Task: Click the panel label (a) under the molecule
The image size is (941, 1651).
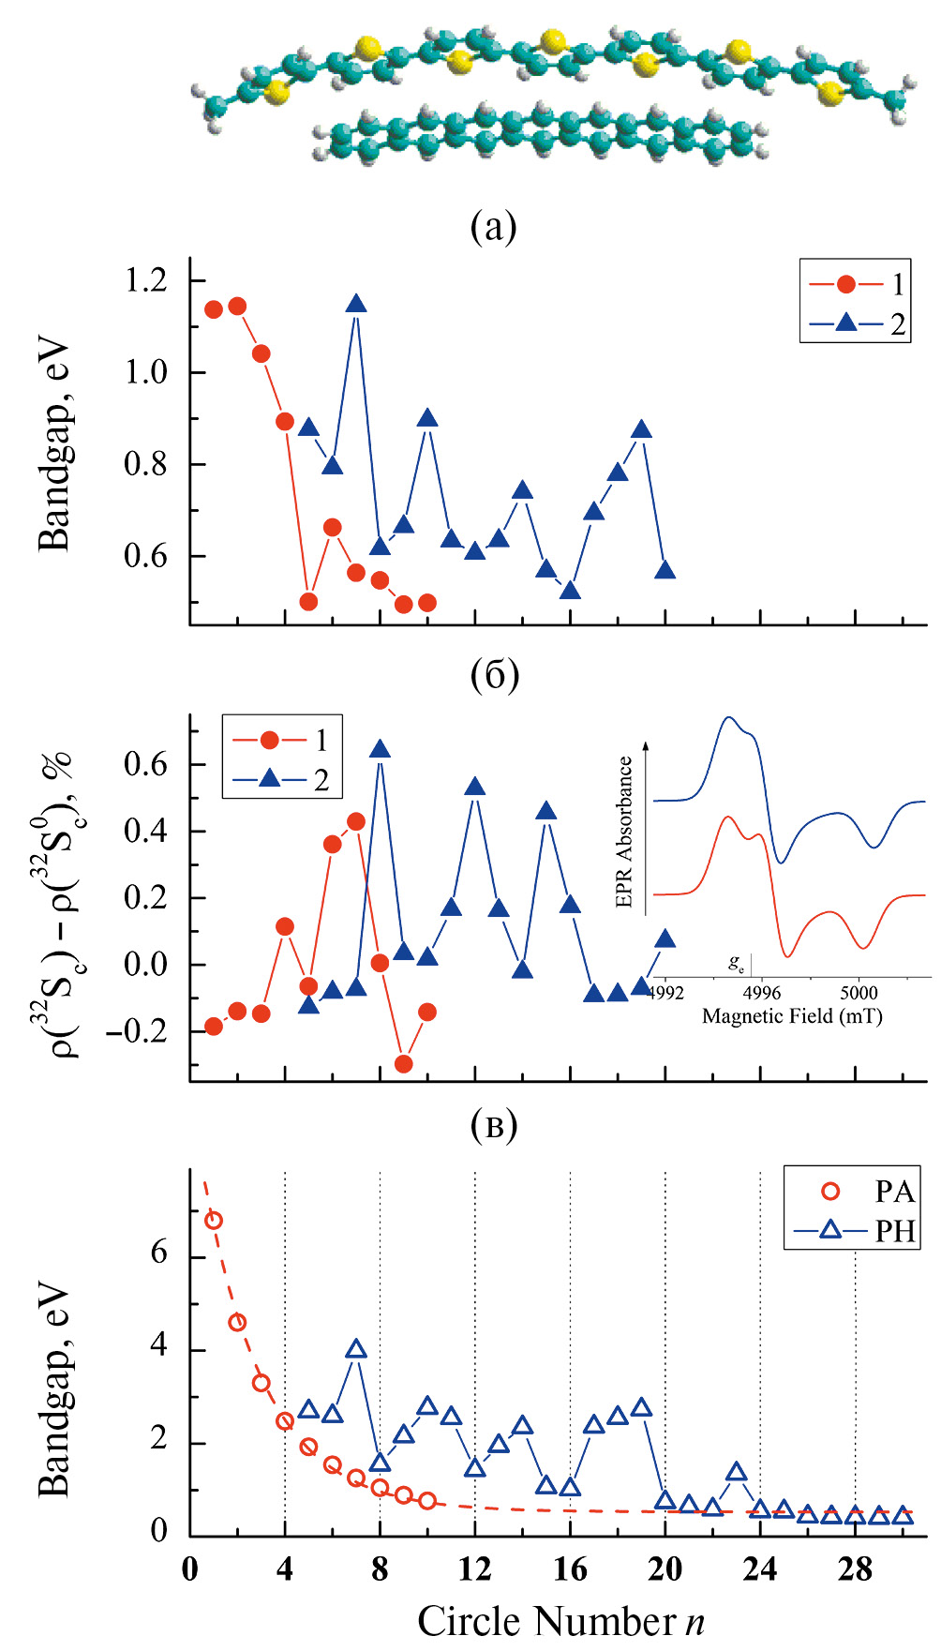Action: pyautogui.click(x=494, y=226)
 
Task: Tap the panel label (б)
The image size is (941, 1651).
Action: pyautogui.click(x=494, y=675)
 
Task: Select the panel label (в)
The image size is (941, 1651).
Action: pyautogui.click(x=494, y=1125)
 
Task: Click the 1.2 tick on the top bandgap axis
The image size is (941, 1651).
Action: pyautogui.click(x=146, y=280)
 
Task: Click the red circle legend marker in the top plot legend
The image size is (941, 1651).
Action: pyautogui.click(x=846, y=284)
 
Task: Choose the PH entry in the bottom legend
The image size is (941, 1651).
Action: pyautogui.click(x=894, y=1230)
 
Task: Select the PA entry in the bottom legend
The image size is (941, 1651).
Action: pyautogui.click(x=894, y=1192)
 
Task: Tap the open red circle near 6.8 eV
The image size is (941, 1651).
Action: pyautogui.click(x=214, y=1220)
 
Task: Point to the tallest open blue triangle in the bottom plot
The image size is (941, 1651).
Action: pyautogui.click(x=356, y=1350)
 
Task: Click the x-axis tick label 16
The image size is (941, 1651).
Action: pyautogui.click(x=570, y=1569)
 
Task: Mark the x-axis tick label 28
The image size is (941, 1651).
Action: pyautogui.click(x=855, y=1569)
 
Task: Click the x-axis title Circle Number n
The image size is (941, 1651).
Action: pyautogui.click(x=560, y=1621)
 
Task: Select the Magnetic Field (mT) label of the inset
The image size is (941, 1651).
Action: pyautogui.click(x=792, y=1016)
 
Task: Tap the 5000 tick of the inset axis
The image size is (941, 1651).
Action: pyautogui.click(x=858, y=993)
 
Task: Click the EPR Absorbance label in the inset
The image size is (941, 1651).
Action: pyautogui.click(x=624, y=833)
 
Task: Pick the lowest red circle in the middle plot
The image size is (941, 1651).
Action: pyautogui.click(x=404, y=1063)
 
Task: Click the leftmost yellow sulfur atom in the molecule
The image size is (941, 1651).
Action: pyautogui.click(x=276, y=93)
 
